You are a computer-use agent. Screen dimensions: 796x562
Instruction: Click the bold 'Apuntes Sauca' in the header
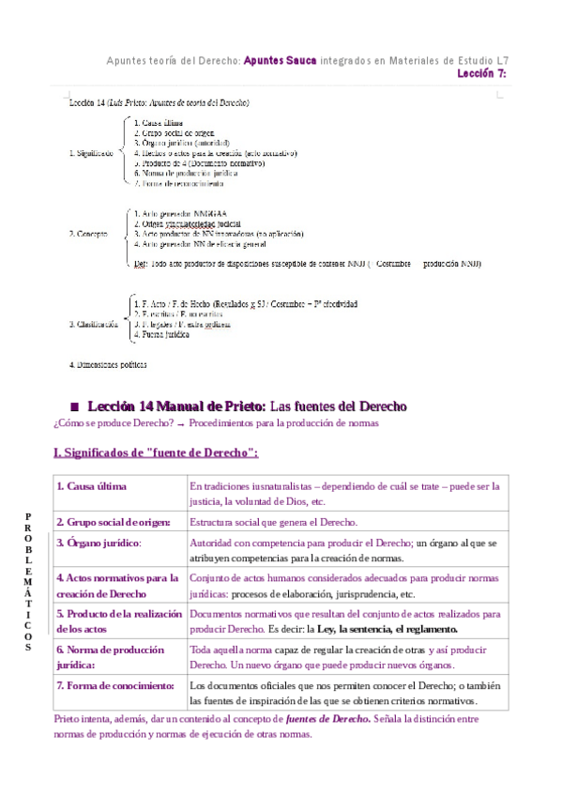[x=280, y=61]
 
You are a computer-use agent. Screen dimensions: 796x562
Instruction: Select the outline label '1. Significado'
[x=92, y=152]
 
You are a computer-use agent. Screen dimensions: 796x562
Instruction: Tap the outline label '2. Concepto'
[x=88, y=233]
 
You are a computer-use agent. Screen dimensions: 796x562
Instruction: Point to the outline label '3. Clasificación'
[x=94, y=324]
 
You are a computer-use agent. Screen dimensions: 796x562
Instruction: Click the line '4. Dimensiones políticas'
[x=108, y=363]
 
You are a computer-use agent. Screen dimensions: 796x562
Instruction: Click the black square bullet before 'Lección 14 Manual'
[x=74, y=406]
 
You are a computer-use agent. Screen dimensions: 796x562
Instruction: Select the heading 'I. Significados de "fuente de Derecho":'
[x=157, y=453]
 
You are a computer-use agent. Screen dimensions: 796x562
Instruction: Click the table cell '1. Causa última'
[x=91, y=486]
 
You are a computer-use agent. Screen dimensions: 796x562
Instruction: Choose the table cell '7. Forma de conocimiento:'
[x=115, y=686]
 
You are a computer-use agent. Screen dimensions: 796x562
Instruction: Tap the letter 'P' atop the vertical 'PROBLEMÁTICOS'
[x=28, y=516]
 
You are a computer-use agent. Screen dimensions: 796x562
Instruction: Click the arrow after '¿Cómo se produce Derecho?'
[x=181, y=424]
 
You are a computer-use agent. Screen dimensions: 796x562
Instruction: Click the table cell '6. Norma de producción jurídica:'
[x=110, y=656]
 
